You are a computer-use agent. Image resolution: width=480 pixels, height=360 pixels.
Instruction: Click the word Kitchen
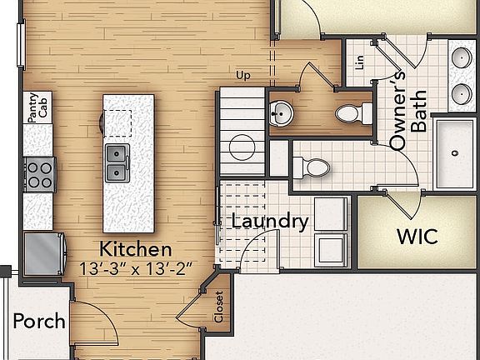(136, 248)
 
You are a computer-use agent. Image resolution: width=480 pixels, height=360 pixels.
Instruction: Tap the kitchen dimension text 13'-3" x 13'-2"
(136, 268)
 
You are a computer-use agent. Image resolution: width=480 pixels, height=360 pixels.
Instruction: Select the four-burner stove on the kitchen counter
(37, 174)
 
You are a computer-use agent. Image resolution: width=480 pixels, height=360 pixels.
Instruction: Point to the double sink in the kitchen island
(117, 163)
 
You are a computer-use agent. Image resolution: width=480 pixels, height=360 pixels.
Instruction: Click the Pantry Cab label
(36, 109)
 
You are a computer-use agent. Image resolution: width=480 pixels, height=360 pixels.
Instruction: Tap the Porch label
(39, 320)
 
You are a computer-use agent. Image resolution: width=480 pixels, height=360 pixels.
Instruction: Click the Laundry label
(269, 222)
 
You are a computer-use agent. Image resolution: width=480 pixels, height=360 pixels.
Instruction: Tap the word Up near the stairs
(243, 76)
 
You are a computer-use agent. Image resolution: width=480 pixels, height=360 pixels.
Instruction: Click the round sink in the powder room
(280, 112)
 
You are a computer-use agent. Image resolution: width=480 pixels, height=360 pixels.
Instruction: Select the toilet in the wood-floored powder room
(351, 112)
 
